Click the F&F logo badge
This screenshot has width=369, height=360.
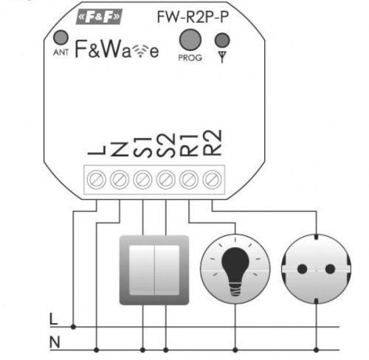coord(100,17)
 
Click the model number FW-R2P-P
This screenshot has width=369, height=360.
coord(193,17)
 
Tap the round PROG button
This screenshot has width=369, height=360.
coord(190,40)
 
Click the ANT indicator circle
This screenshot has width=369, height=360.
coord(61,38)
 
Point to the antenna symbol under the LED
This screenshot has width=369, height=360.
coord(222,57)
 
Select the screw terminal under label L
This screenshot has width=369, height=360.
coord(97,179)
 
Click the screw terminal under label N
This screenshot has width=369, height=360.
coord(120,179)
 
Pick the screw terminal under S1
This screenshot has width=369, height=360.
coord(142,179)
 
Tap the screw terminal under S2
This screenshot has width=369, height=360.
coord(166,179)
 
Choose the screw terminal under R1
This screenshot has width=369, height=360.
coord(189,179)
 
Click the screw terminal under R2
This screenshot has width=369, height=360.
coord(212,179)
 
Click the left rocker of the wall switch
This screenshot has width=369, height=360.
coord(142,270)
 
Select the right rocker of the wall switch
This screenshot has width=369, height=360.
coord(167,270)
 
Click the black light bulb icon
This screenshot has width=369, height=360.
coord(235,271)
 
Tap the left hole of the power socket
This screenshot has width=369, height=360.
coord(302,269)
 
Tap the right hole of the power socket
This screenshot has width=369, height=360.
coord(330,269)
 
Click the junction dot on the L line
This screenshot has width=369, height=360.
coord(73,327)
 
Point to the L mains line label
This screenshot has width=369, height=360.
coord(53,319)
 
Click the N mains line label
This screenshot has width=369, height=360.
coord(55,342)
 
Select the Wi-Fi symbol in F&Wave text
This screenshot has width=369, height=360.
coord(140,51)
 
